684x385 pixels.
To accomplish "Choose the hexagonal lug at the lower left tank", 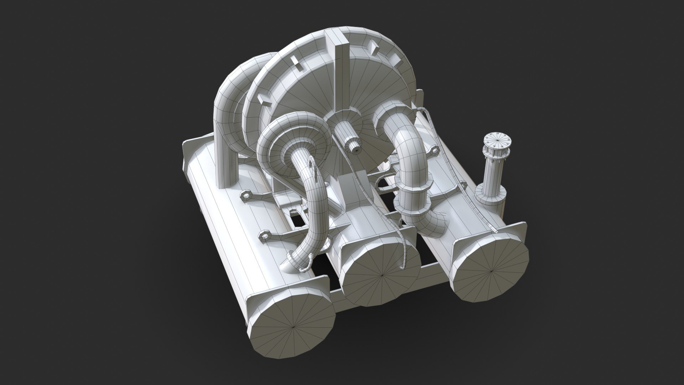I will (x=265, y=236).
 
